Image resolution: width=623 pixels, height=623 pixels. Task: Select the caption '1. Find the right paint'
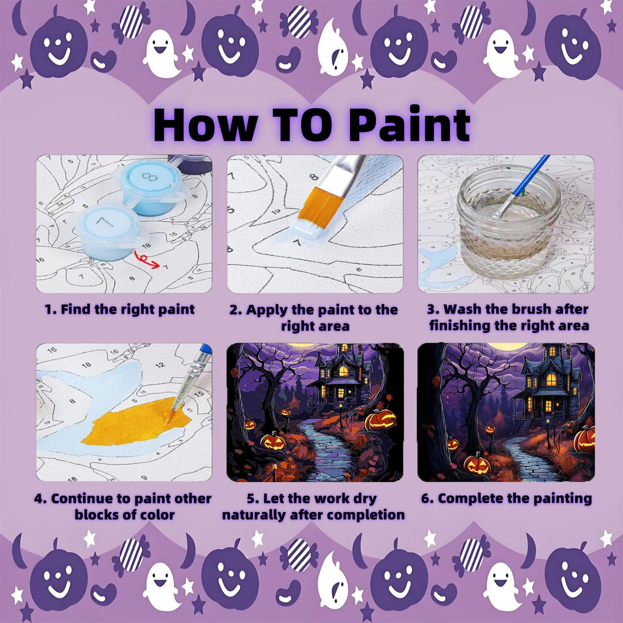pyautogui.click(x=120, y=309)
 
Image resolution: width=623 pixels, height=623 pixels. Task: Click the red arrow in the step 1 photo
pyautogui.click(x=145, y=259)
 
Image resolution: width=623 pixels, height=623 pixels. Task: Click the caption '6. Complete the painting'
pyautogui.click(x=507, y=498)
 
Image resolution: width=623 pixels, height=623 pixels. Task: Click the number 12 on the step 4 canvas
pyautogui.click(x=160, y=365)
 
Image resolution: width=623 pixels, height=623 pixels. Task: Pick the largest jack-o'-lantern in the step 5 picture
pyautogui.click(x=380, y=420)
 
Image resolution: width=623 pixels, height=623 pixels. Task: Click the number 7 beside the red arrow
pyautogui.click(x=165, y=267)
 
